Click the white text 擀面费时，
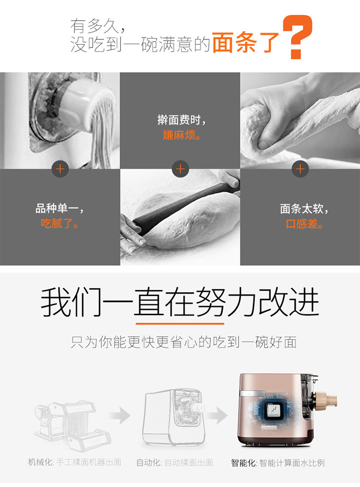click(181, 120)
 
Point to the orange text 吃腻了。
click(60, 223)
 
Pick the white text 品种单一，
click(60, 208)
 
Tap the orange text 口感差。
click(304, 224)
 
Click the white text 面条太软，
click(304, 208)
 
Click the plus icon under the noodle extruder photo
click(60, 169)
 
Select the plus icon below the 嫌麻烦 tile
click(180, 169)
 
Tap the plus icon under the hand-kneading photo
click(300, 169)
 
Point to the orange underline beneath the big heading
click(180, 324)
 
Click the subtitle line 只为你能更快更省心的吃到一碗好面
click(183, 342)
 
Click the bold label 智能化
click(243, 463)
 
